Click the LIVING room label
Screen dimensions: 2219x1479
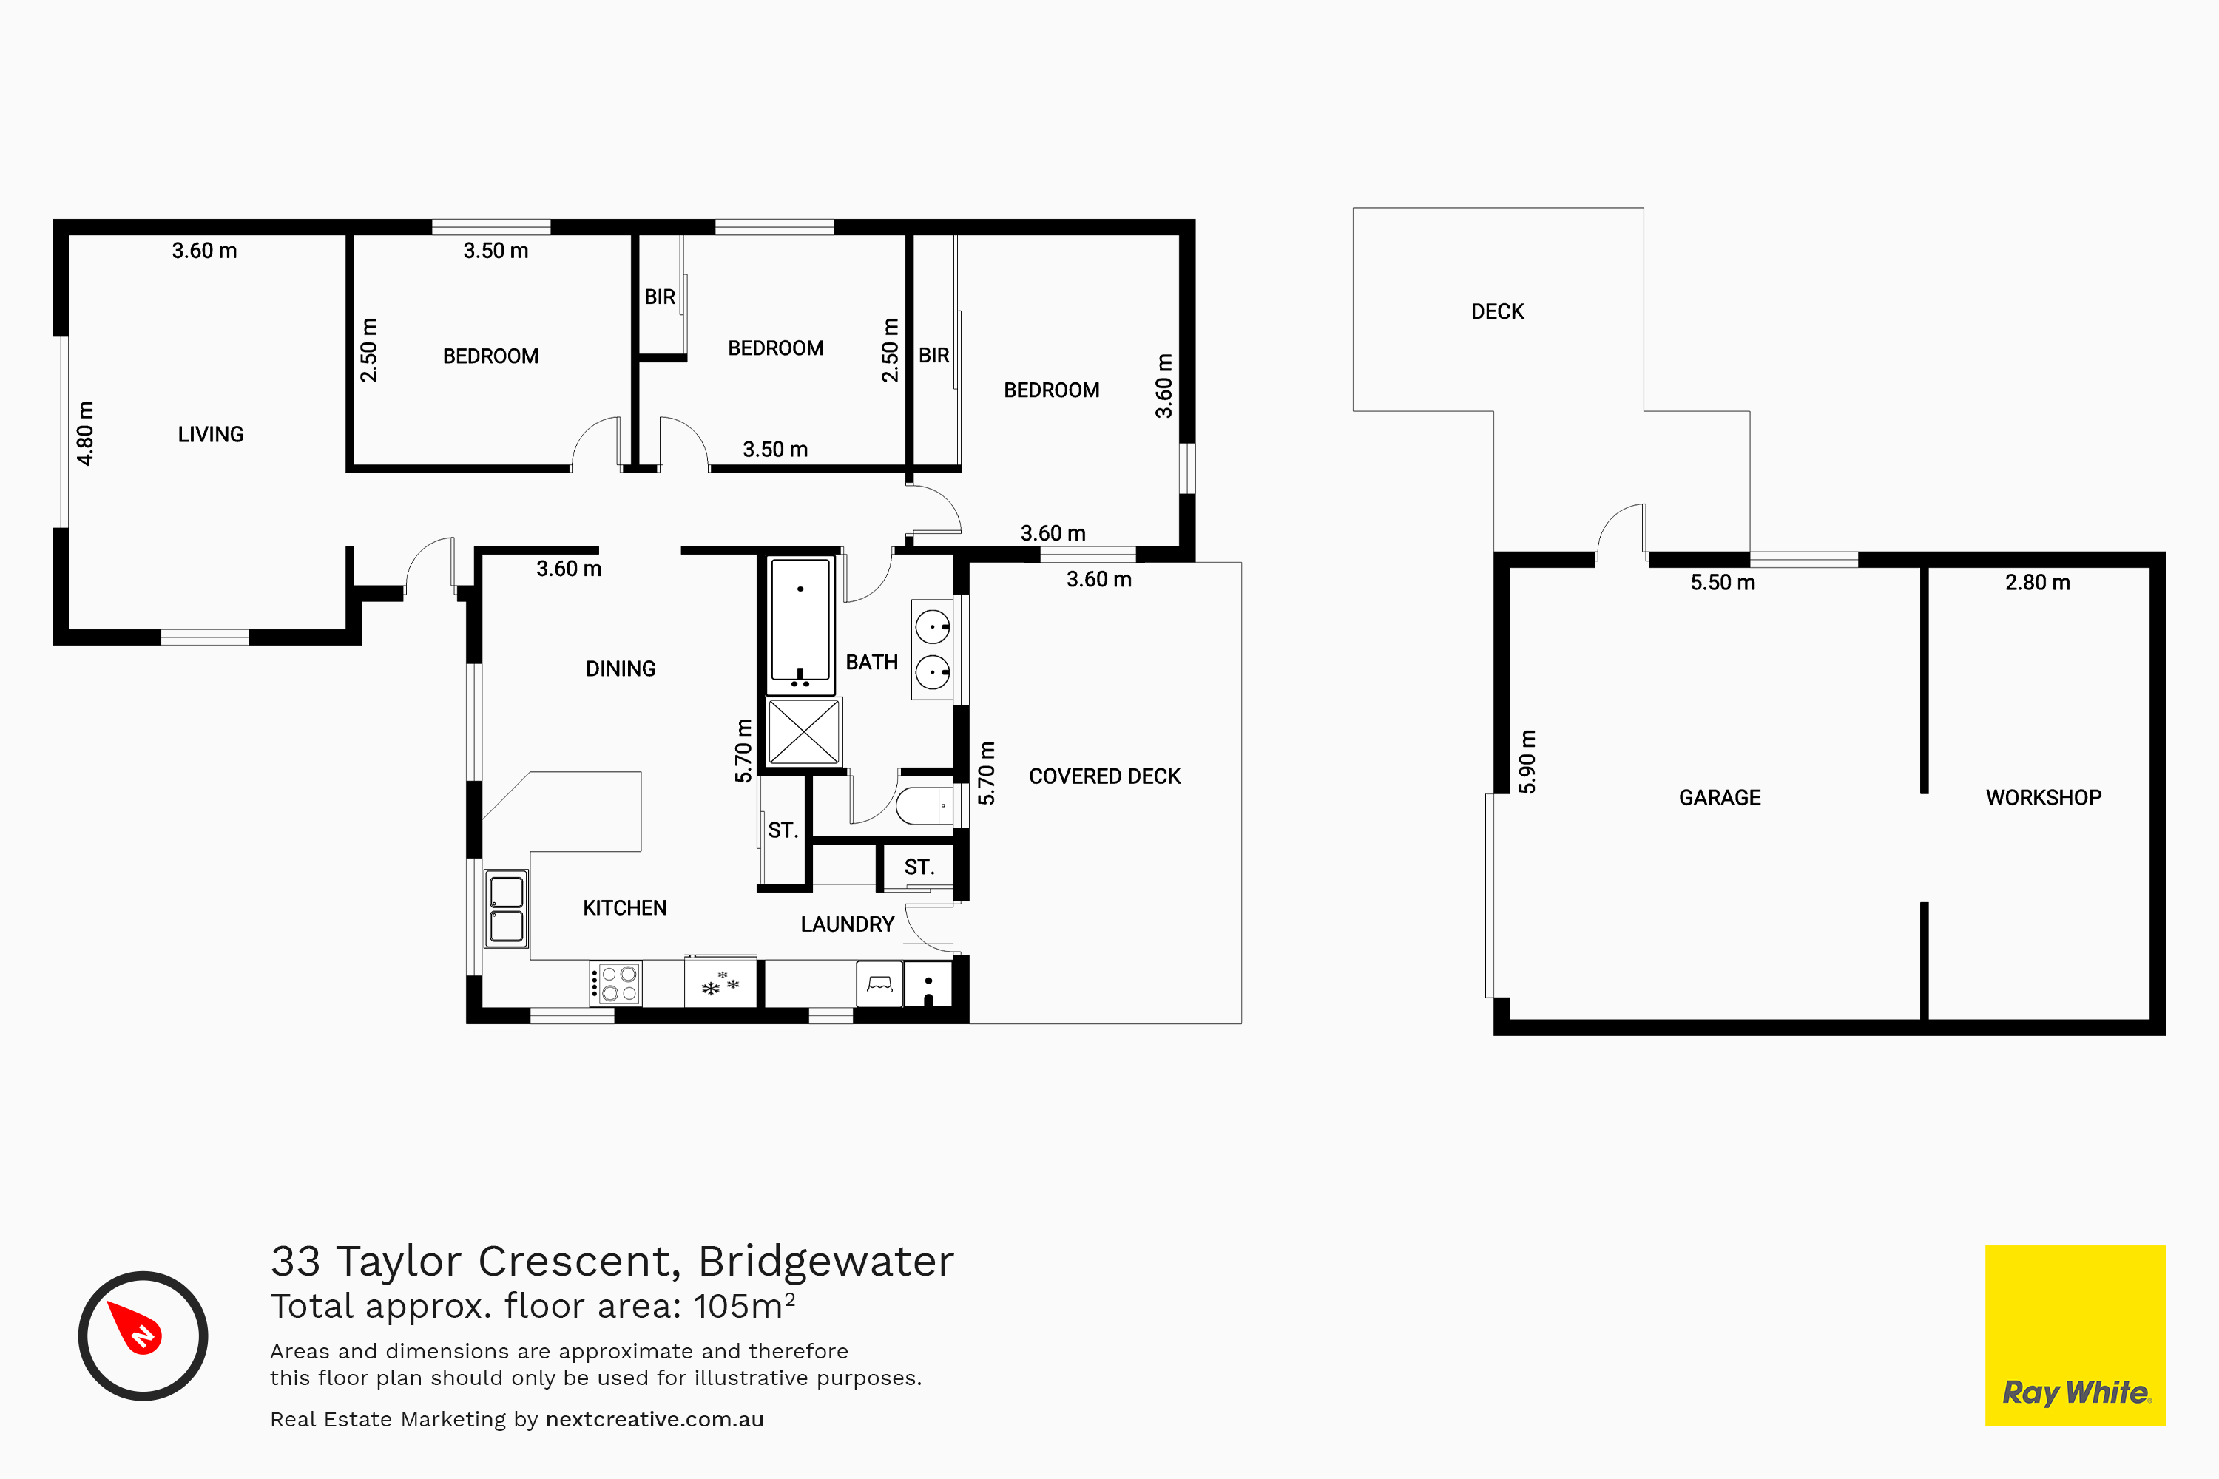pos(210,435)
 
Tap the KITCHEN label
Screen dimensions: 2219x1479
pos(624,908)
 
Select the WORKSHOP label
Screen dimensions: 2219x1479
pos(2044,798)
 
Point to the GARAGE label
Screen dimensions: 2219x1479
pos(1720,798)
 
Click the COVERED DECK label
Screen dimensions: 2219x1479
pos(1105,776)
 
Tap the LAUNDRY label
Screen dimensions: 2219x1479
pos(847,924)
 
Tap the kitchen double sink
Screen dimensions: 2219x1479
pos(507,908)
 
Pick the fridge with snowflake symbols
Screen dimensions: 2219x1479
pos(720,983)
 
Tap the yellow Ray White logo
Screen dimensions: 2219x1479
pos(2076,1336)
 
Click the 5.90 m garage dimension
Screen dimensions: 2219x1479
pos(1527,761)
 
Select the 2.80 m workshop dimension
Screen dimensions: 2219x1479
pos(2038,583)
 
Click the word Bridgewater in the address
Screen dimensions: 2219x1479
pos(825,1261)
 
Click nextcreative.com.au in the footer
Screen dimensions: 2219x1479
pos(655,1420)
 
